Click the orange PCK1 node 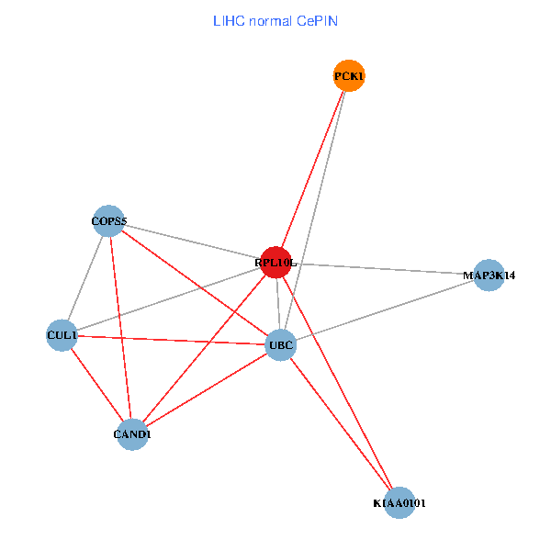click(x=349, y=75)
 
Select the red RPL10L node click(x=276, y=263)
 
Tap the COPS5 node click(x=108, y=221)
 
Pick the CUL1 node click(x=62, y=335)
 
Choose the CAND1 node click(x=132, y=433)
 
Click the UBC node click(x=280, y=345)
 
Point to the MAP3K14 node click(x=489, y=275)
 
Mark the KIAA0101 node click(x=399, y=502)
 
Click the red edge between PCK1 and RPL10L click(x=313, y=169)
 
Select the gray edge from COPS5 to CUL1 click(x=85, y=277)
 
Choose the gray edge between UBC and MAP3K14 click(x=386, y=309)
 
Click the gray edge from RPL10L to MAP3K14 click(x=386, y=269)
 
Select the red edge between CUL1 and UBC click(x=170, y=340)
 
